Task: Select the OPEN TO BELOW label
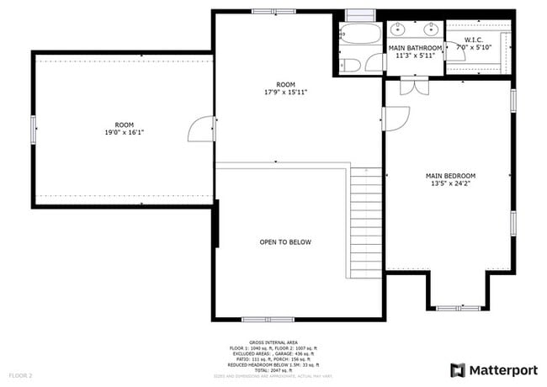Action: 285,242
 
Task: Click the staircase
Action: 366,223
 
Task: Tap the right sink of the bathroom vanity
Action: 432,30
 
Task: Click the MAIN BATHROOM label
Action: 415,49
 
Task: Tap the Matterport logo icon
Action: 459,369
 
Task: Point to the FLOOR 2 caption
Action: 21,374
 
